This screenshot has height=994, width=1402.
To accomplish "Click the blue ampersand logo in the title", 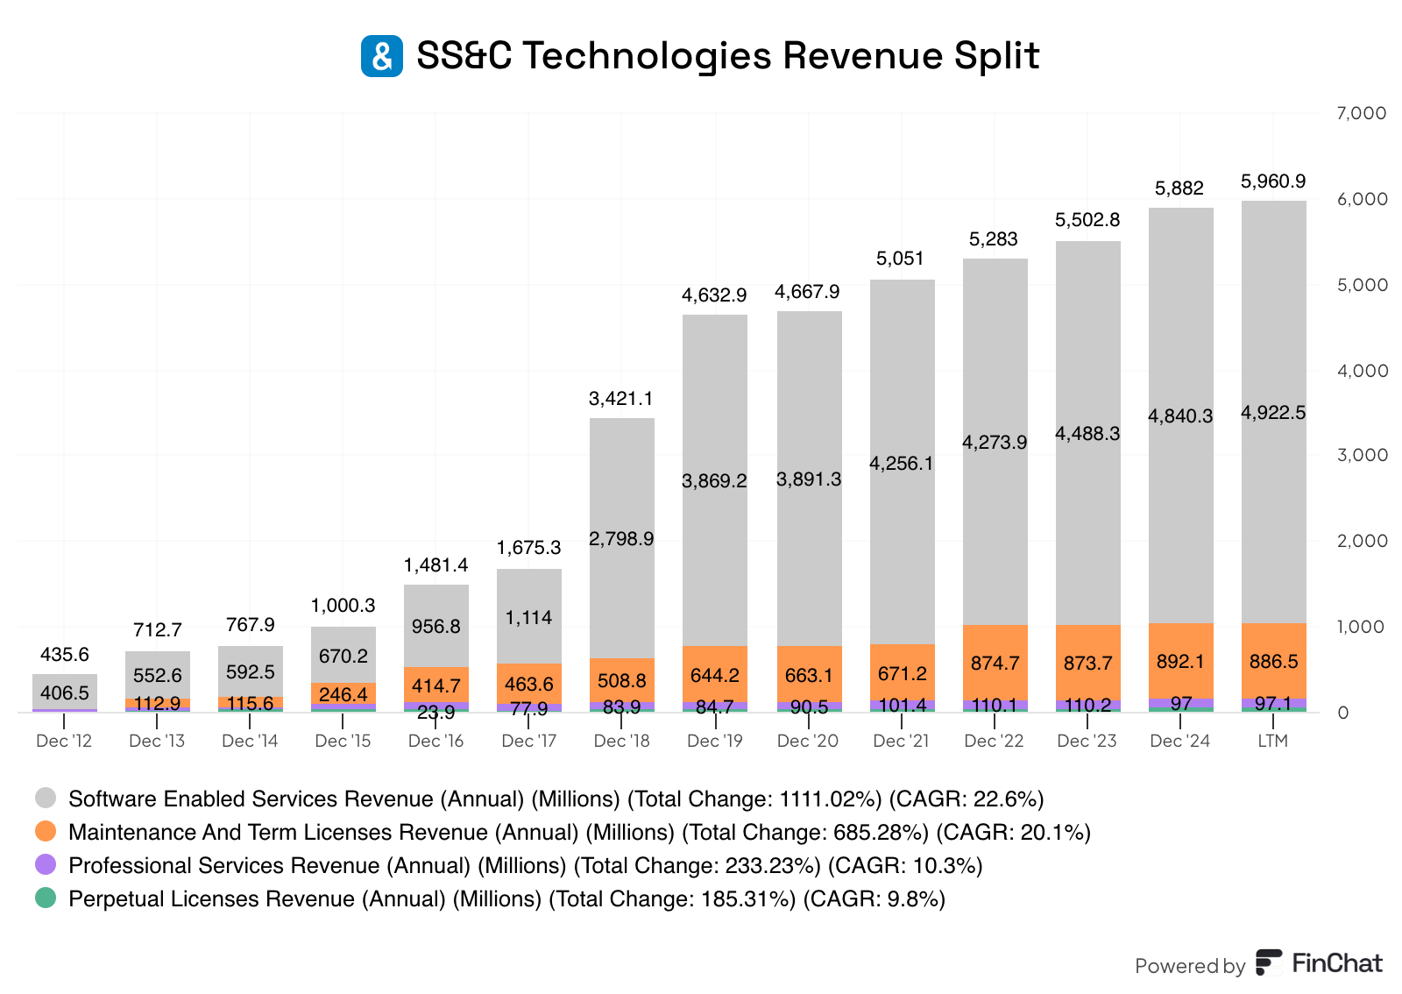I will (382, 56).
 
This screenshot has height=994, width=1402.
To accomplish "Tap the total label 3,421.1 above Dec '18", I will (621, 399).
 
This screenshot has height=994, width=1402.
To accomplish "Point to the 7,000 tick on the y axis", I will (1361, 113).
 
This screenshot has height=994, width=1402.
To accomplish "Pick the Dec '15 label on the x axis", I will (343, 741).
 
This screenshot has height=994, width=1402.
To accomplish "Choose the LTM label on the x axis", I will (1273, 741).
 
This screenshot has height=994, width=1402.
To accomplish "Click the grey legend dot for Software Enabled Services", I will (46, 798).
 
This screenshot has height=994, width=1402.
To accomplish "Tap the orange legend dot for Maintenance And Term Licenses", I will (46, 831).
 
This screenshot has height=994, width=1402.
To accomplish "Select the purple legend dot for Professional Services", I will (46, 864).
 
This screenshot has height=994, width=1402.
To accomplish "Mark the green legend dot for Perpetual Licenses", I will (46, 898).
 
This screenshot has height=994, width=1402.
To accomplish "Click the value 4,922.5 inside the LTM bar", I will (1273, 413).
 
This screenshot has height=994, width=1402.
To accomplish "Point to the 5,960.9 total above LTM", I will (1273, 181).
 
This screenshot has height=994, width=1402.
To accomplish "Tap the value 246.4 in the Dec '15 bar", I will (343, 694).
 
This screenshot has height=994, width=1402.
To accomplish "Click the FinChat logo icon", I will (1269, 962).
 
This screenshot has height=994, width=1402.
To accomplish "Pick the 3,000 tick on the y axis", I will (1361, 455).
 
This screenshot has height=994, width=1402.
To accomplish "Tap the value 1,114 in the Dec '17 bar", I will (529, 618).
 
